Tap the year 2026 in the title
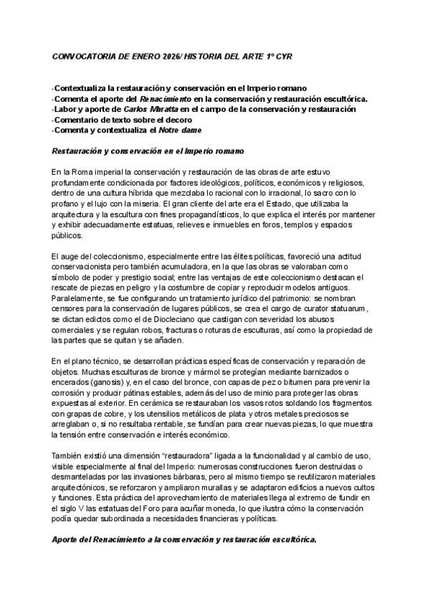click(171, 55)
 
